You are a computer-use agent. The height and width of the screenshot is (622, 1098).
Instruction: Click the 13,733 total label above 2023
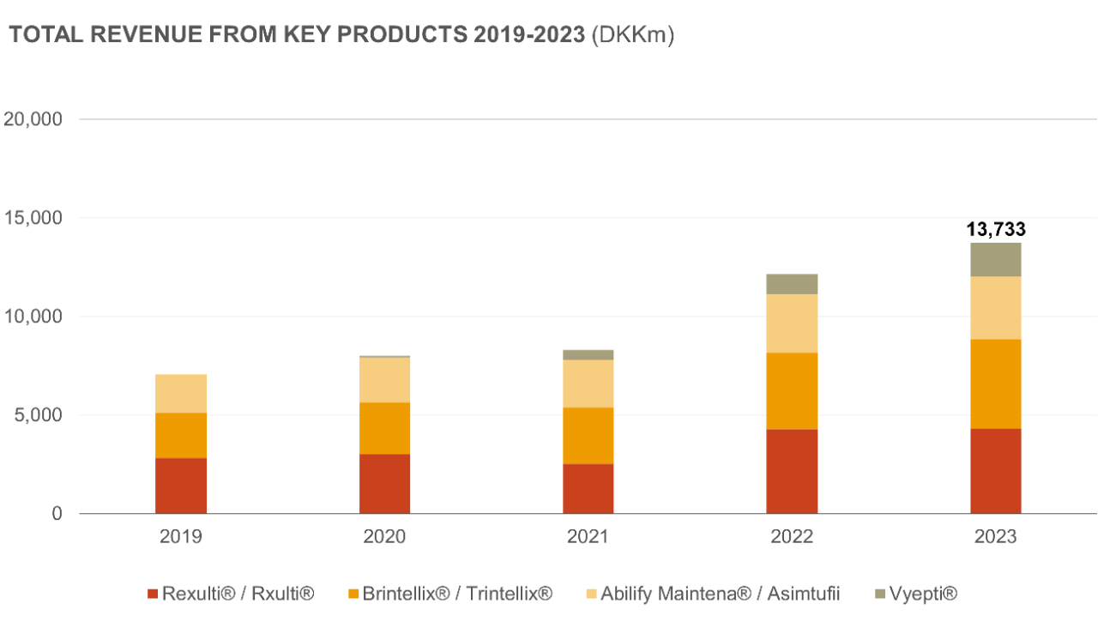(996, 229)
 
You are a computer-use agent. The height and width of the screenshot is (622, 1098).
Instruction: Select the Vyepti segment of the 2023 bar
(996, 260)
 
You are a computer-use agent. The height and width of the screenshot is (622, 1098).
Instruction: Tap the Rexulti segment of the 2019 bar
(181, 486)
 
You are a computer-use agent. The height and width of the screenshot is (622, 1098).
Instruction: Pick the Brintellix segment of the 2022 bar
(792, 391)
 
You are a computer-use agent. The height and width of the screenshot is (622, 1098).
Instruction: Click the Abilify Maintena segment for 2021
(588, 383)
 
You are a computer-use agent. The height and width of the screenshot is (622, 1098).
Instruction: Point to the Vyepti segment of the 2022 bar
(792, 284)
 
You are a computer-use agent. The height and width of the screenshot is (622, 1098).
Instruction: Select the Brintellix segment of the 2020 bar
(384, 428)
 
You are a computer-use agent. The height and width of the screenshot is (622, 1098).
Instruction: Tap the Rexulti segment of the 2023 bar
(996, 471)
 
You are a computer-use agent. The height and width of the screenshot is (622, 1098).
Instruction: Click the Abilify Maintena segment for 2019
(181, 394)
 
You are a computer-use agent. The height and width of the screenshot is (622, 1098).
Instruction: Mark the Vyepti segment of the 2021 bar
(588, 354)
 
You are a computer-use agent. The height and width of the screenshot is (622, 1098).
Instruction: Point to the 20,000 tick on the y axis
(33, 119)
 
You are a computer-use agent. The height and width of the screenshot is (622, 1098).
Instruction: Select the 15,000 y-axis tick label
(33, 218)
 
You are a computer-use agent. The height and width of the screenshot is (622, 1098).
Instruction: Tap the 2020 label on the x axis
(384, 537)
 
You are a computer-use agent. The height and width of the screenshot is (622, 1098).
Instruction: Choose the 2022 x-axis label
(792, 537)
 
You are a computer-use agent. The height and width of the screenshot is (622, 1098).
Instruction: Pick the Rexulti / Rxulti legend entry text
(238, 594)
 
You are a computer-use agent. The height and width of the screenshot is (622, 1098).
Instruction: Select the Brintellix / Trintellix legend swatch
(353, 594)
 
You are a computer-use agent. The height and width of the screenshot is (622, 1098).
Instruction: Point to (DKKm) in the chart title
(633, 35)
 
